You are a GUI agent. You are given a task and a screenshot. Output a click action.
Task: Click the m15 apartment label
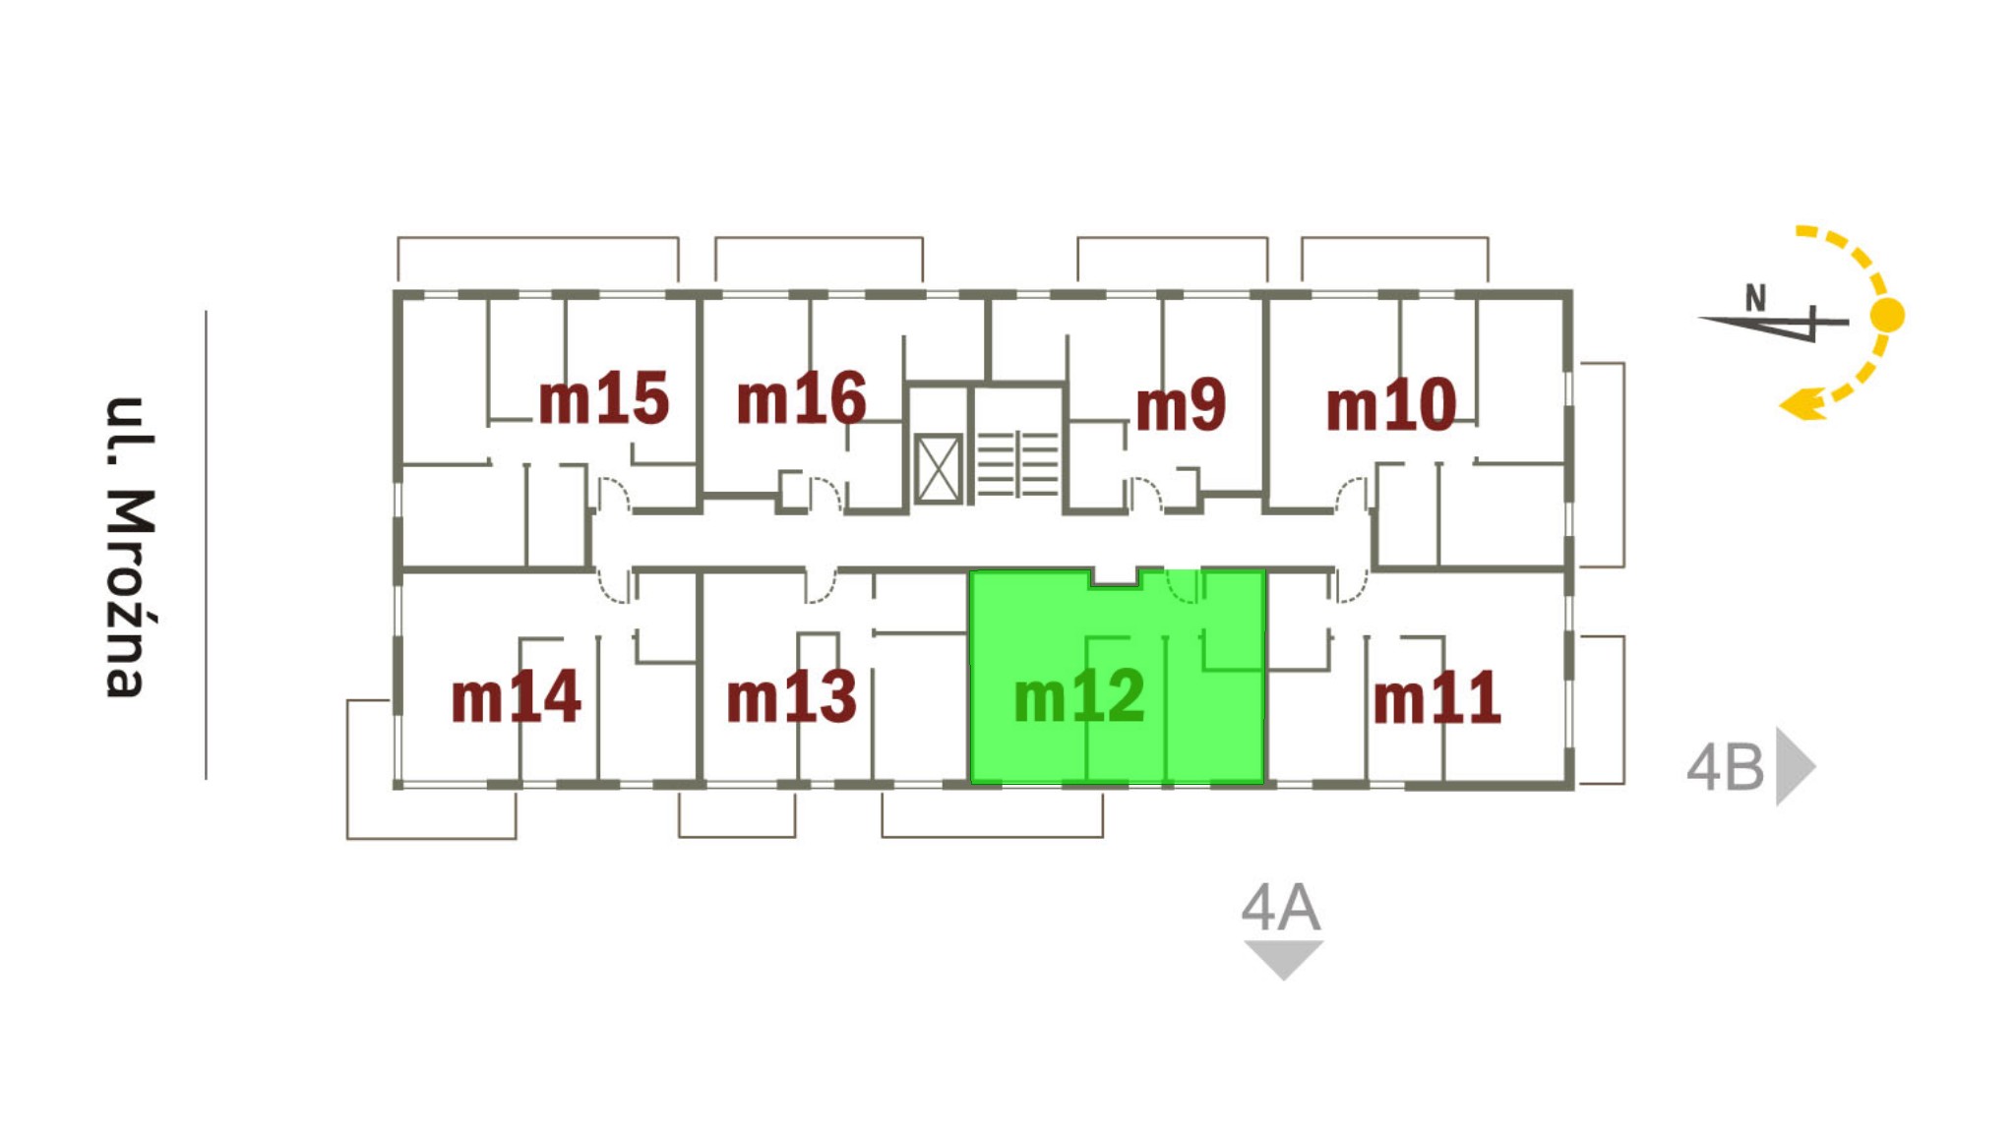coord(603,398)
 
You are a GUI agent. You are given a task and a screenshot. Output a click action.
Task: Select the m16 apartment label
coord(801,398)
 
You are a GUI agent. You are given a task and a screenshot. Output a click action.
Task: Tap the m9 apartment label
coord(1181,404)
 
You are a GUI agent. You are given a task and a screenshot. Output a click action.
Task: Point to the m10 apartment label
coord(1390,404)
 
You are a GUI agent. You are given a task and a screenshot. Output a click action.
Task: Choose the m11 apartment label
coord(1436,698)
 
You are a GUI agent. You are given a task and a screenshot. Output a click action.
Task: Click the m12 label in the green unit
coord(1079,696)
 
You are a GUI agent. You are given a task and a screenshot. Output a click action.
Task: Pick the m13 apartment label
coord(791,697)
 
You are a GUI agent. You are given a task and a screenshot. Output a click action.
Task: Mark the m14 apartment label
coord(516,697)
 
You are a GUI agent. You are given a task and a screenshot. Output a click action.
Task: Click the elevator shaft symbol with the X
coord(938,469)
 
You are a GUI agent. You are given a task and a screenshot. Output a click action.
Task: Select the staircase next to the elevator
coord(1017,462)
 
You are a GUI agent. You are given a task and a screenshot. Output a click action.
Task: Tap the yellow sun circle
coord(1886,316)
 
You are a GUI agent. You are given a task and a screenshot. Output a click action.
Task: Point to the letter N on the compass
coord(1755,297)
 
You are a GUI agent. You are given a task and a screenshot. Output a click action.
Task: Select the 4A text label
coord(1280,907)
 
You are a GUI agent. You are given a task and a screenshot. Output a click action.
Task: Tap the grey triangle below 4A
coord(1283,956)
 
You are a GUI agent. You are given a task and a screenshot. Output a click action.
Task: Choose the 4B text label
coord(1726,767)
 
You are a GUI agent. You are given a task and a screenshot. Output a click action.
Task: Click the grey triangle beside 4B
coord(1793,766)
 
